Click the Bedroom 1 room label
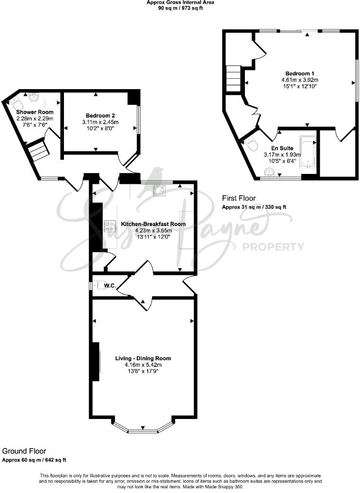300,73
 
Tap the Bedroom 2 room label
100,115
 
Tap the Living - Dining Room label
143,358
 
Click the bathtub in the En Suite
308,153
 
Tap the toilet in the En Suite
251,144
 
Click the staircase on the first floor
234,78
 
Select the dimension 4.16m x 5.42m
143,365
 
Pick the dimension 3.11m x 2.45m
100,122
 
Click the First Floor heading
239,199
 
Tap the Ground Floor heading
24,451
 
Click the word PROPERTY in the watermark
273,246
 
